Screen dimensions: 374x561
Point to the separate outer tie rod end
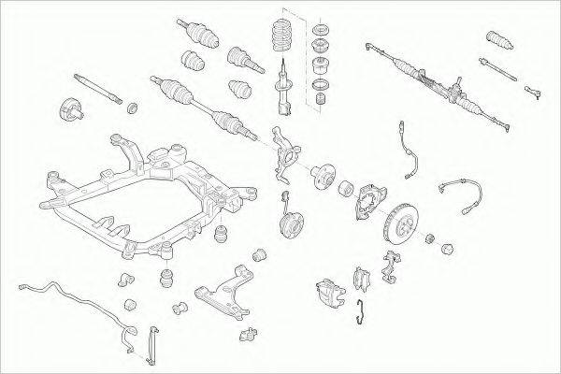[536, 91]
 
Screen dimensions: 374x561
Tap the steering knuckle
[288, 150]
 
